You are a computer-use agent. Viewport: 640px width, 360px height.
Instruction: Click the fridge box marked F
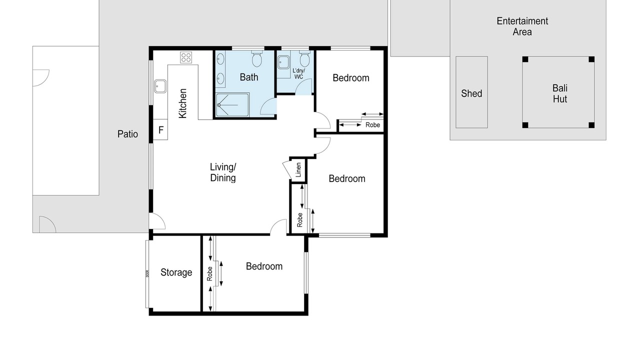(160, 129)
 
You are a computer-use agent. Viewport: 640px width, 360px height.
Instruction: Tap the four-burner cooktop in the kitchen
(186, 57)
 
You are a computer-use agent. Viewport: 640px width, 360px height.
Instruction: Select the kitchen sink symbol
(160, 86)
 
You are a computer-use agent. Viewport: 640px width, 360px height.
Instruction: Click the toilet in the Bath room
(256, 58)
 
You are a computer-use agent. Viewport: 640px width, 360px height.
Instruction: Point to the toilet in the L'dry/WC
(304, 58)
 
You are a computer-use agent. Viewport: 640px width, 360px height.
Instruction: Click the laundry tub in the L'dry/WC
(283, 62)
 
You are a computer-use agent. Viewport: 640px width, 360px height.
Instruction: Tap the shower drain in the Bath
(219, 105)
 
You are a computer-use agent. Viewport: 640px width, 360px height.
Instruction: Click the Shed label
(471, 93)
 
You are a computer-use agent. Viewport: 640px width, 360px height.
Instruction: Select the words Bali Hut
(559, 93)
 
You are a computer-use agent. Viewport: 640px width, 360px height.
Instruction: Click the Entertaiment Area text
(522, 26)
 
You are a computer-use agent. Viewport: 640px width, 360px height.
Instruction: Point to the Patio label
(127, 134)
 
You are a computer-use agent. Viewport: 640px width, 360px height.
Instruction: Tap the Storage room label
(176, 272)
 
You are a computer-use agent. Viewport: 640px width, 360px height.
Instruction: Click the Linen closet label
(298, 170)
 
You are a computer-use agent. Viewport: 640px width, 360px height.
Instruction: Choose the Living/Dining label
(223, 172)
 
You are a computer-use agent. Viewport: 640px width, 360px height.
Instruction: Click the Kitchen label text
(182, 103)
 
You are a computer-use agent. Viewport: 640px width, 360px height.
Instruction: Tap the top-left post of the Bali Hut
(525, 59)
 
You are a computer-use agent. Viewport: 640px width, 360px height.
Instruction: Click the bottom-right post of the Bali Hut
(591, 125)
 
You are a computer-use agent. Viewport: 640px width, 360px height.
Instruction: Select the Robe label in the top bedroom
(372, 125)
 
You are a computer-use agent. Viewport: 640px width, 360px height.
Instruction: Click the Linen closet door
(286, 170)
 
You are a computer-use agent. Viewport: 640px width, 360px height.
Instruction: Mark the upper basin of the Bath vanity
(220, 59)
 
